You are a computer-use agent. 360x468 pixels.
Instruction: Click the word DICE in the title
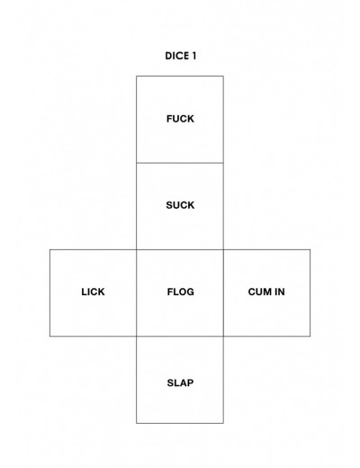tap(177, 56)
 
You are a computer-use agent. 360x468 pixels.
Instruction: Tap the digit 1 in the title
tap(193, 56)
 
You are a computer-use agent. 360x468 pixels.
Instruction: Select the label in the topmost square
tap(180, 119)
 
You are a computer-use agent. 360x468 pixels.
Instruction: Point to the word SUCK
tap(180, 205)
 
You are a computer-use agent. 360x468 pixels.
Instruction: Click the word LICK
tap(93, 292)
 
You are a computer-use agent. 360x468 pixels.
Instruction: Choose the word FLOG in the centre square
tap(181, 292)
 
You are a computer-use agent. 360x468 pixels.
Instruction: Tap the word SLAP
tap(180, 382)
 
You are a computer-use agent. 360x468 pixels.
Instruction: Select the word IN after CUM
tap(280, 292)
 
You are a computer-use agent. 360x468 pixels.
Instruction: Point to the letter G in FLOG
tap(190, 292)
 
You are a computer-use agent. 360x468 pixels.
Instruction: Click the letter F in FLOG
tap(170, 292)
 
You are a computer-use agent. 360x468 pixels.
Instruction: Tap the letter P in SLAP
tap(191, 382)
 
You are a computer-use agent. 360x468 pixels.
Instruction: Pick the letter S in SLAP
tap(170, 382)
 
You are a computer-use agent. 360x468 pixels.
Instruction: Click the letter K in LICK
tap(102, 292)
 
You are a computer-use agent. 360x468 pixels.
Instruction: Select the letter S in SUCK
tap(169, 205)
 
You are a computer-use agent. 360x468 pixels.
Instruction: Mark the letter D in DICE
tap(168, 56)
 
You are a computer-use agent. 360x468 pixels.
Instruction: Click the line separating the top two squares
tap(180, 163)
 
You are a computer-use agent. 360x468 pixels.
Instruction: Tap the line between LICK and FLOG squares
tap(137, 292)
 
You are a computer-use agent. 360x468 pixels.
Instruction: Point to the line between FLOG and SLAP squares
tap(180, 336)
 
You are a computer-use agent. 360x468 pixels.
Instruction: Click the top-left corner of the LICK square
tap(49, 249)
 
